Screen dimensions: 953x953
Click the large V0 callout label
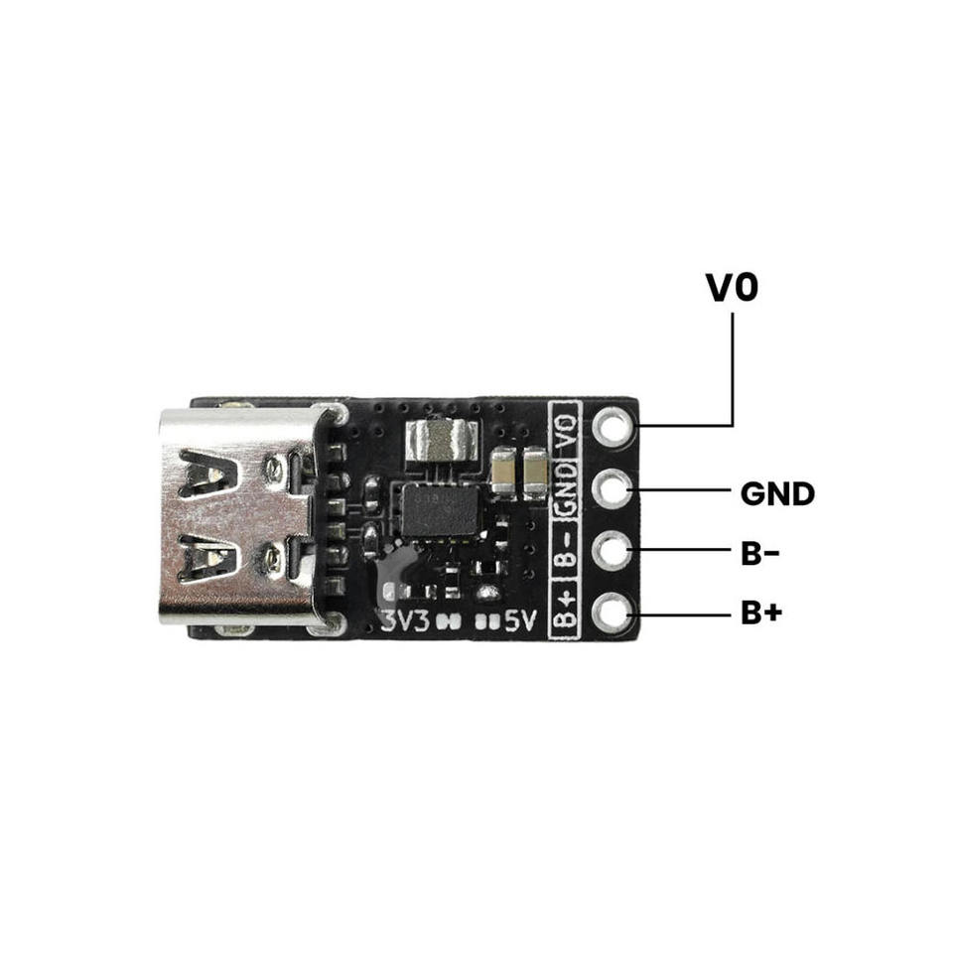[x=732, y=288]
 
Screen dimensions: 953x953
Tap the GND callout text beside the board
[x=777, y=494]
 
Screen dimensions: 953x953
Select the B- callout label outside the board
[x=759, y=554]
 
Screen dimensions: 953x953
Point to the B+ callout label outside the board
[x=761, y=613]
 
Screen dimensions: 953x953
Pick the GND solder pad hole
[x=613, y=489]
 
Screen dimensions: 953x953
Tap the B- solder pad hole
[x=613, y=551]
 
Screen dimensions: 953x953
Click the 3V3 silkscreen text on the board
[x=405, y=620]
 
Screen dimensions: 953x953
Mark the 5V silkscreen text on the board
[x=521, y=620]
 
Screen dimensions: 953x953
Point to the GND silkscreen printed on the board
[x=566, y=487]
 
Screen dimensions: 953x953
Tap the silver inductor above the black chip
[x=441, y=440]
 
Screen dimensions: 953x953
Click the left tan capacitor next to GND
[x=504, y=470]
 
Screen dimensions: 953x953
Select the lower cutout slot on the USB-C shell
[x=207, y=559]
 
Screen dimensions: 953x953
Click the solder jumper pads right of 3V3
[x=449, y=621]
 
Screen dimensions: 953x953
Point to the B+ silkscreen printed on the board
[x=565, y=609]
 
